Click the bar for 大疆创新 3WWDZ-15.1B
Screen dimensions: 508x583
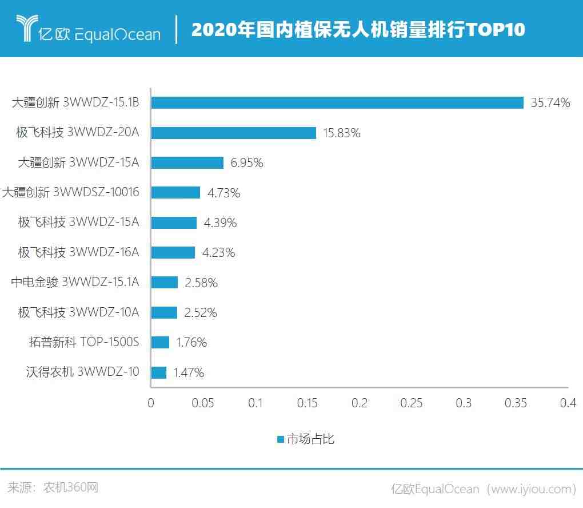click(x=337, y=103)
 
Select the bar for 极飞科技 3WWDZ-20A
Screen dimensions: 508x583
click(x=233, y=133)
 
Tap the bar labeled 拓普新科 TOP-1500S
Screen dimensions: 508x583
click(x=160, y=342)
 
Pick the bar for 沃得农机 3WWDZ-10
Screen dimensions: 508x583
click(x=159, y=372)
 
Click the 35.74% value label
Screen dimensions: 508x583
click(x=550, y=103)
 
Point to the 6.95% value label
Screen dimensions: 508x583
click(x=247, y=163)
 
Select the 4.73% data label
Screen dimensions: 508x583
click(x=223, y=193)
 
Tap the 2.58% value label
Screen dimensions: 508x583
click(x=201, y=283)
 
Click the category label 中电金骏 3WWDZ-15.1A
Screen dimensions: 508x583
click(x=75, y=282)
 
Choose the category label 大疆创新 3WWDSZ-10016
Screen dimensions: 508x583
click(x=70, y=192)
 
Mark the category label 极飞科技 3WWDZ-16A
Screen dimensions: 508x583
click(x=78, y=252)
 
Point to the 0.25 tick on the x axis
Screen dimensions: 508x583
click(x=412, y=403)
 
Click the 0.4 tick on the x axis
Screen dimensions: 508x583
click(x=568, y=403)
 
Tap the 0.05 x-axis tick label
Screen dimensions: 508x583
click(x=203, y=403)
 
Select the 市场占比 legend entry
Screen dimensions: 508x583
click(x=305, y=439)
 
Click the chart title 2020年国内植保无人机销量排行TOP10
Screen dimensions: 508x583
click(x=358, y=29)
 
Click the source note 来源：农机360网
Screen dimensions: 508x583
click(x=53, y=487)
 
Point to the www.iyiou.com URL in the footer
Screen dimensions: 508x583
click(x=531, y=489)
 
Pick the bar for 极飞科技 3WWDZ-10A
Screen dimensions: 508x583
click(x=164, y=312)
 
